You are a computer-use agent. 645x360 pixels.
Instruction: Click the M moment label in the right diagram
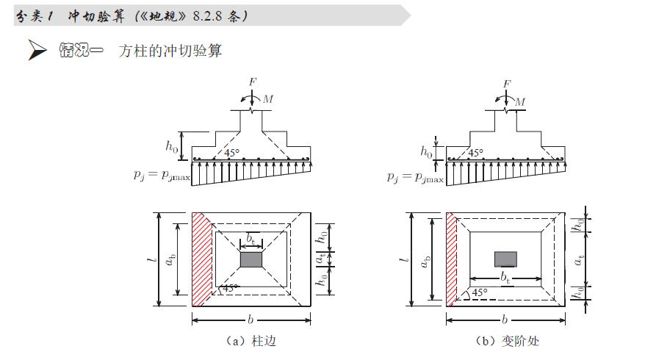click(x=520, y=101)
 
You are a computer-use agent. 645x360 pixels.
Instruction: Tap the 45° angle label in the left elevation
click(x=231, y=154)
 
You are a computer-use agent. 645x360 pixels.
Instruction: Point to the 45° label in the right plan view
click(x=480, y=292)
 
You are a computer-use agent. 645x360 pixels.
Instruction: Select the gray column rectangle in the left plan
click(x=251, y=260)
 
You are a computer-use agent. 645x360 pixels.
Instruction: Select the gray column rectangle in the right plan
click(x=505, y=259)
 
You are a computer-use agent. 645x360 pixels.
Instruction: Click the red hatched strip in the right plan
click(x=451, y=259)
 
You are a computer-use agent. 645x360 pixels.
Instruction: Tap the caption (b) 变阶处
click(x=508, y=341)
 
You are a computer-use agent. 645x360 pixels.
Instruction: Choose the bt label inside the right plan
click(x=505, y=277)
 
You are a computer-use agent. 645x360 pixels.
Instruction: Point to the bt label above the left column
click(x=251, y=238)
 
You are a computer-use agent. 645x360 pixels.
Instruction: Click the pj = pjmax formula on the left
click(x=162, y=176)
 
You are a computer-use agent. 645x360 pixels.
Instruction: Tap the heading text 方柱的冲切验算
click(x=170, y=51)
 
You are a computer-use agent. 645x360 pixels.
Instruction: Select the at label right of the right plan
click(x=580, y=259)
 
